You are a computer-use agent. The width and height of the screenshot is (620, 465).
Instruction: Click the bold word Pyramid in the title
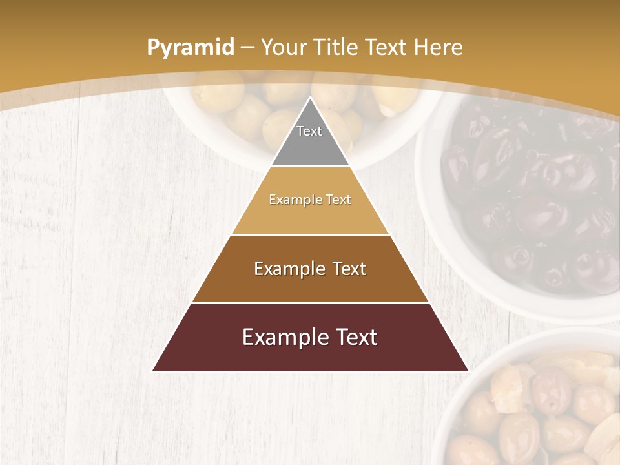coord(190,48)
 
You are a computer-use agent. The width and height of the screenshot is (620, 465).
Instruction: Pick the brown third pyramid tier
coord(310,284)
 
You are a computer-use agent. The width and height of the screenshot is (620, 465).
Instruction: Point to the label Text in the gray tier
coord(309,131)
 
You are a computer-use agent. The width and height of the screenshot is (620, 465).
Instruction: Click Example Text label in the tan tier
coord(310,200)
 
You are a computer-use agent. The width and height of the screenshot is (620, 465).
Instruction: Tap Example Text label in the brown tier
coord(310,269)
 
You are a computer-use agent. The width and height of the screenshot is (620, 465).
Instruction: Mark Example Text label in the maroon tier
coord(310,337)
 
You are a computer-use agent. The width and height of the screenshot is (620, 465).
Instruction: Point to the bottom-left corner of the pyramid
coord(153,371)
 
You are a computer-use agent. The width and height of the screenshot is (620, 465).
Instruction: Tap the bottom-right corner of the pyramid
coord(468,371)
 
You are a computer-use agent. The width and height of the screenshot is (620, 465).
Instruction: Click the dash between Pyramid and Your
coord(247,48)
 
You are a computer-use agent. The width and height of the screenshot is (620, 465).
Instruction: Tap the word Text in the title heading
coord(386,47)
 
